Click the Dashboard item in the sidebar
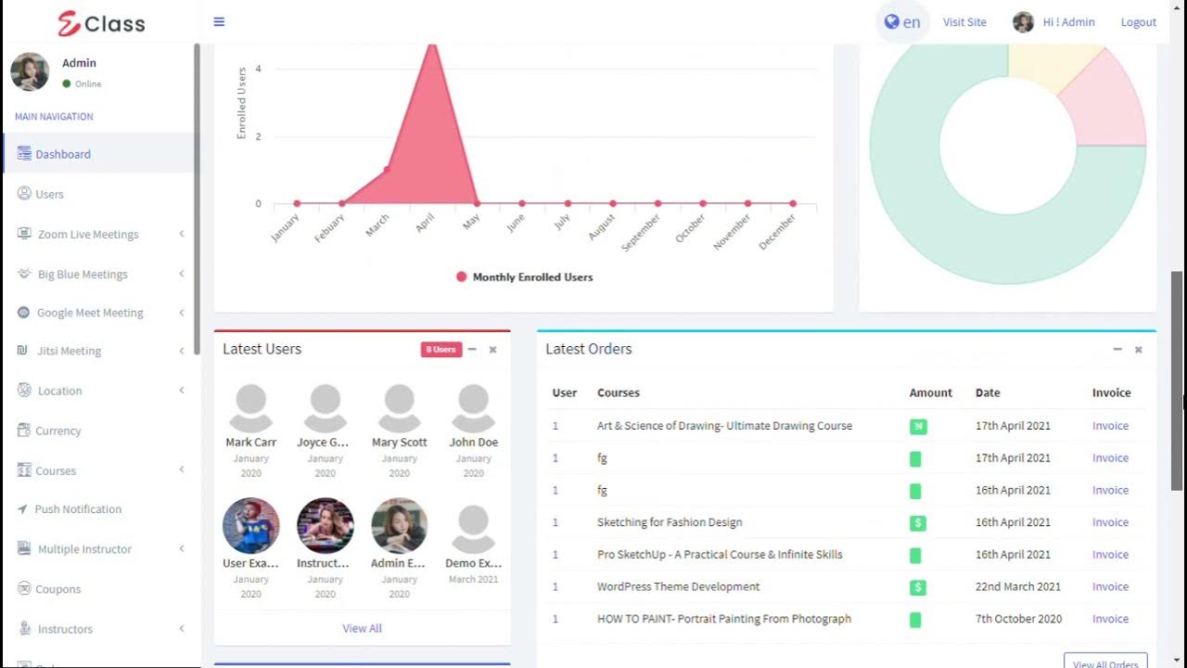(63, 154)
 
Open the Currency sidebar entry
(57, 430)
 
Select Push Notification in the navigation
(78, 509)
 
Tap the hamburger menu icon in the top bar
(219, 21)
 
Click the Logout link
(1138, 22)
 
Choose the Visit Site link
(964, 22)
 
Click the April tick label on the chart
(425, 224)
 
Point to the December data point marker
(793, 203)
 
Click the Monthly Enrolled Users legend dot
(461, 276)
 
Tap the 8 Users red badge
(440, 350)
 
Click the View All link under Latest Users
(362, 628)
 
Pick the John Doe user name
(473, 443)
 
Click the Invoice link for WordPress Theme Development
(1110, 586)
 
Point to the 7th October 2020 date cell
(1017, 619)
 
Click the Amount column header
(930, 392)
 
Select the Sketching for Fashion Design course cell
(670, 522)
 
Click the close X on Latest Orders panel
(1138, 350)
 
